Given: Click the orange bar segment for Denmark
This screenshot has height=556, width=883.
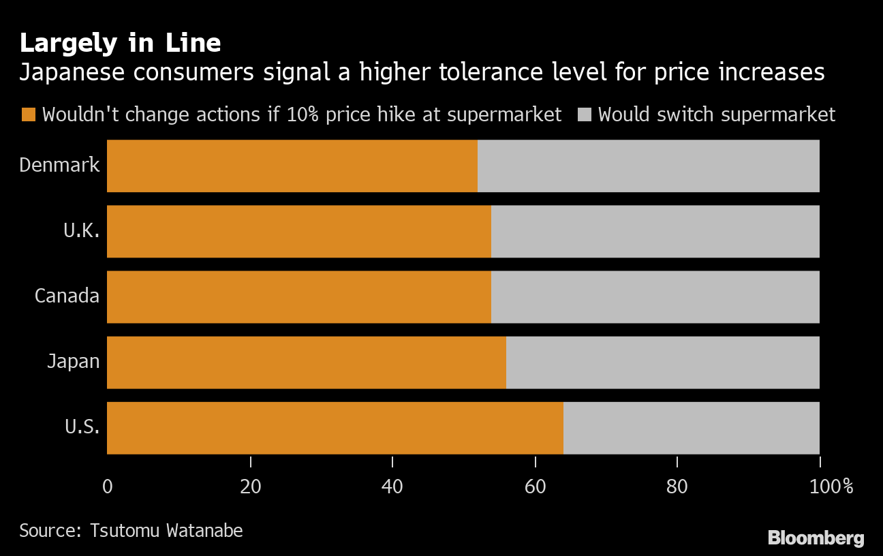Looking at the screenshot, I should pyautogui.click(x=292, y=166).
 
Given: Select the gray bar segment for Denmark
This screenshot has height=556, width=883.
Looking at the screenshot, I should pyautogui.click(x=648, y=166).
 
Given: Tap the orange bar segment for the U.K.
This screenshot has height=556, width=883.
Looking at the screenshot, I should pyautogui.click(x=299, y=231).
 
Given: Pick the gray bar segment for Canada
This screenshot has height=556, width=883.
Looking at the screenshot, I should pyautogui.click(x=655, y=296).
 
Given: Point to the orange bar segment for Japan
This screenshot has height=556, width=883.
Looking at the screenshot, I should pyautogui.click(x=307, y=362).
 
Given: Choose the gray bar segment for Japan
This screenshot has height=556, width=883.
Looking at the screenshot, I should pyautogui.click(x=662, y=362).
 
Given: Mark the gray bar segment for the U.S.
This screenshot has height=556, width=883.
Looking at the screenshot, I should pyautogui.click(x=691, y=427).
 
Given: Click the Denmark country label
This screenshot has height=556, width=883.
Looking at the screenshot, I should pyautogui.click(x=60, y=165).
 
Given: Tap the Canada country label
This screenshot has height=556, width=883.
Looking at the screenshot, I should pyautogui.click(x=67, y=296).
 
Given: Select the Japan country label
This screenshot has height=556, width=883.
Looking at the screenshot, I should pyautogui.click(x=74, y=361).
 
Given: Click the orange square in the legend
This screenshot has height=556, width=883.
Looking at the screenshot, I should pyautogui.click(x=28, y=114).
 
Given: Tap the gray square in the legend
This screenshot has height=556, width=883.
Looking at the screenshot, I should pyautogui.click(x=584, y=114).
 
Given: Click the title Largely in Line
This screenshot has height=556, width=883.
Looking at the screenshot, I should pyautogui.click(x=120, y=43).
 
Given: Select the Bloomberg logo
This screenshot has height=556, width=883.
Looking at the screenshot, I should pyautogui.click(x=816, y=538).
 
